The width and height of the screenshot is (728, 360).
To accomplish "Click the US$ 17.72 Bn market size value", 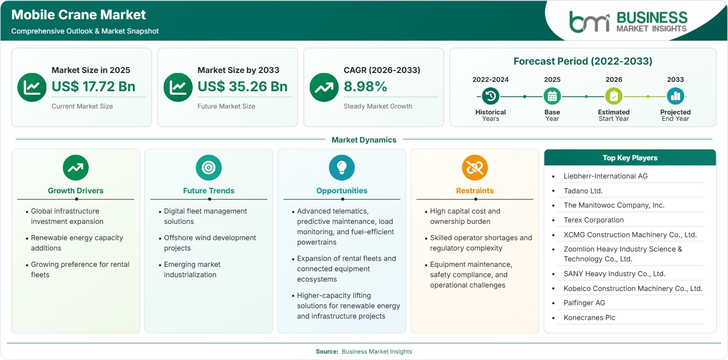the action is coord(93,86).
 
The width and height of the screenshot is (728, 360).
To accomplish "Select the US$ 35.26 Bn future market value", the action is coord(243,86).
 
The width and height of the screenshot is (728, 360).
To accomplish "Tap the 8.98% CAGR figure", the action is coord(365,86).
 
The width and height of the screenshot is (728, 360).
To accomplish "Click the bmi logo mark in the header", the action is coord(589,22).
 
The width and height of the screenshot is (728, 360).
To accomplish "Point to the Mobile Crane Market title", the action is coord(78,15).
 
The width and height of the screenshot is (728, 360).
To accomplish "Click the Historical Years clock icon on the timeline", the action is coord(490,96).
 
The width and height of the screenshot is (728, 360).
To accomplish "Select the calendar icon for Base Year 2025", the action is coord(552,96).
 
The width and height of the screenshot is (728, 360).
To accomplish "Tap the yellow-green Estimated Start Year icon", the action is coord(614,96).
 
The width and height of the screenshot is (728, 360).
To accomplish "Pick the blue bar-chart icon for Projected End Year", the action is coord(675,96).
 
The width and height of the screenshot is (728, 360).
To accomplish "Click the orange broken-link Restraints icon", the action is coord(475,168).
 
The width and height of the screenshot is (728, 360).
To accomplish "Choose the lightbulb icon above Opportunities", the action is coord(342,168).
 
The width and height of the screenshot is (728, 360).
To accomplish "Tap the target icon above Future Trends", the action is coord(209,168).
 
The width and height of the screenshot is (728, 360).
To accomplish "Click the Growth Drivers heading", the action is coord(75,191).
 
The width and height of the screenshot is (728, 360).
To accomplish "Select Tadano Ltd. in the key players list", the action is coord(583,191).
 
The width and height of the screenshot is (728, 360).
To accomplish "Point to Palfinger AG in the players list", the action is coord(584,303).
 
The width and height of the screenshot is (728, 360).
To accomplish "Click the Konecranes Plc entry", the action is coord(589,318).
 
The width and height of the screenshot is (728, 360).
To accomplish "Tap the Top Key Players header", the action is coord(630,158).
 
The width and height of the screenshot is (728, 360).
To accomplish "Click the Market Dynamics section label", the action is coord(364,140).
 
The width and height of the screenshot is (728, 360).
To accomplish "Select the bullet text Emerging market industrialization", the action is coord(192,269).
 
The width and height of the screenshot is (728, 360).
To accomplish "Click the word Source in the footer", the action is coord(327,351).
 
